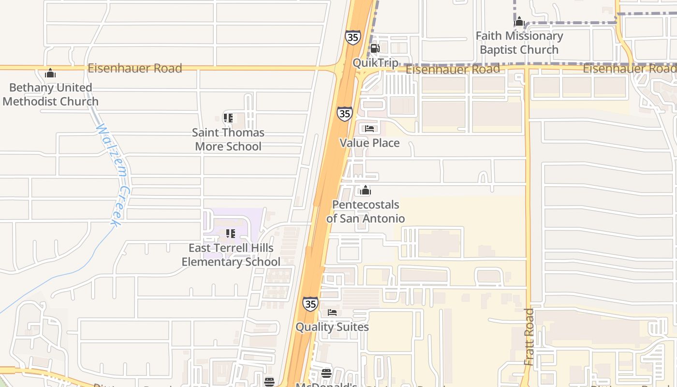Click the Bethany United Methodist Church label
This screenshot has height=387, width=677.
pyautogui.click(x=50, y=94)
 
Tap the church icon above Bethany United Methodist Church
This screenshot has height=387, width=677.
pyautogui.click(x=50, y=74)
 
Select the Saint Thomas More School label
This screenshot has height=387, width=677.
pyautogui.click(x=228, y=139)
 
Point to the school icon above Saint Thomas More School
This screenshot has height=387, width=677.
pyautogui.click(x=228, y=118)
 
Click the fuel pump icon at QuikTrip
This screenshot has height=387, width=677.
pyautogui.click(x=375, y=48)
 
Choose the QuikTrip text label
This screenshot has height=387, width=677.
pyautogui.click(x=376, y=63)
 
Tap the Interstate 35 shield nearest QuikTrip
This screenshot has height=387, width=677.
pyautogui.click(x=353, y=37)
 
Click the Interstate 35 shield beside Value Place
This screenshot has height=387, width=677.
pyautogui.click(x=344, y=114)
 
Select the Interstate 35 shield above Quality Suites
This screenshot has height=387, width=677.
pyautogui.click(x=310, y=304)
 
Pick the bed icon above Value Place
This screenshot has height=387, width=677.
pyautogui.click(x=370, y=129)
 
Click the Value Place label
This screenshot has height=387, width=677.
pyautogui.click(x=369, y=143)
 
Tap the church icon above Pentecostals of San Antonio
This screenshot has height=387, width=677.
pyautogui.click(x=366, y=190)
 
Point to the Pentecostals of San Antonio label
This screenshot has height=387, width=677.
pyautogui.click(x=366, y=211)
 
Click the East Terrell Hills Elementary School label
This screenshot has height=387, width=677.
pyautogui.click(x=231, y=255)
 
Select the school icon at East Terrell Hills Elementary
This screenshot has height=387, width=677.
pyautogui.click(x=231, y=234)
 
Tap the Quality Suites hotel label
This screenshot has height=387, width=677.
pyautogui.click(x=332, y=327)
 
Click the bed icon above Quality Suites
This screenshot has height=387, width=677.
pyautogui.click(x=332, y=313)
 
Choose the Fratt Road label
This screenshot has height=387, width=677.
pyautogui.click(x=530, y=337)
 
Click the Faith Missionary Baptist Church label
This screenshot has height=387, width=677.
pyautogui.click(x=519, y=43)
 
